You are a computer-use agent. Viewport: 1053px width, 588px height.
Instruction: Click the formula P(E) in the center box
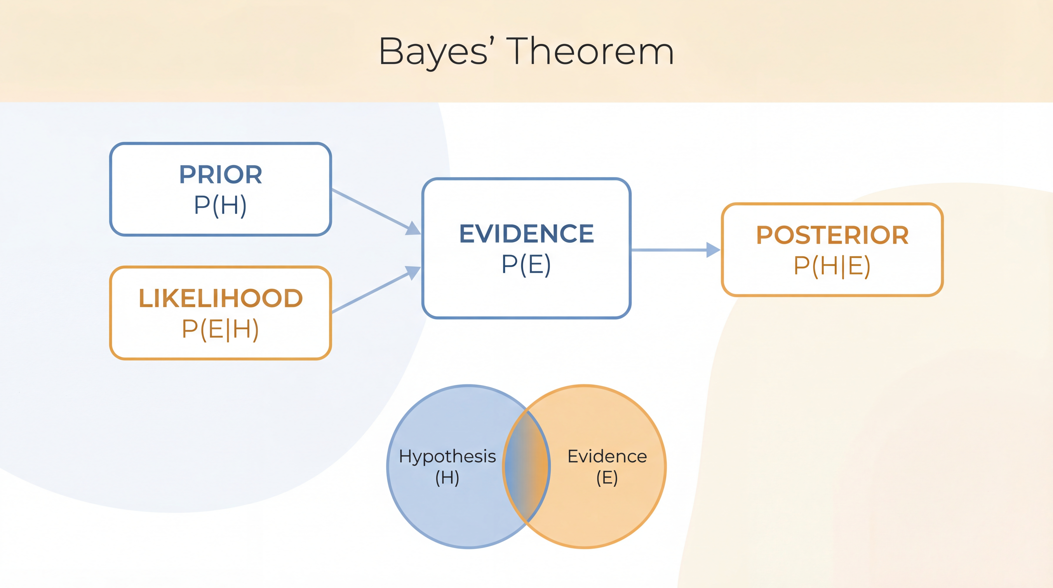click(x=526, y=264)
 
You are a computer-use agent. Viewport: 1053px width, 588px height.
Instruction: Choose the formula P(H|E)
click(x=832, y=266)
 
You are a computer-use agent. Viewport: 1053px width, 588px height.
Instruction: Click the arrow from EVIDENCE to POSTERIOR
click(x=670, y=250)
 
